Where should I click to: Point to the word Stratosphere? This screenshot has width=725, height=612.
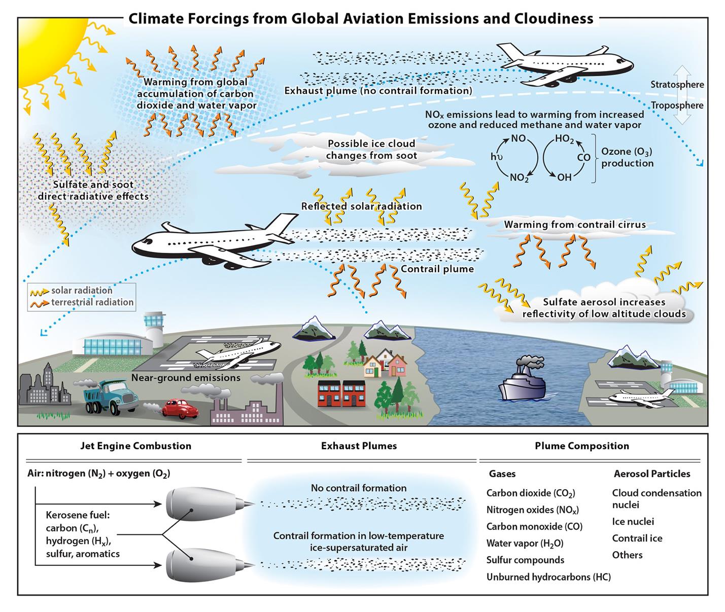677,85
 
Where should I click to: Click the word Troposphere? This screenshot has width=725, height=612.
677,105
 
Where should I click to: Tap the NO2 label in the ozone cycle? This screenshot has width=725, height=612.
519,177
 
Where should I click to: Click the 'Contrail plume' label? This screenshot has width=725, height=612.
437,269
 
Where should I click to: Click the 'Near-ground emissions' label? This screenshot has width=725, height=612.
186,378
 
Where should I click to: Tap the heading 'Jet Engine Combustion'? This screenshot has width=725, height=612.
135,446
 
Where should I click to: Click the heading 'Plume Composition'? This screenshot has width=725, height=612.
581,446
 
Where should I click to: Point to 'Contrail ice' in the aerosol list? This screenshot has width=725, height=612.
637,538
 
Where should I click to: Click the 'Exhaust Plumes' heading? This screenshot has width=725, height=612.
359,446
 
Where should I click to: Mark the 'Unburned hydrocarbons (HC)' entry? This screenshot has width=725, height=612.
548,577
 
